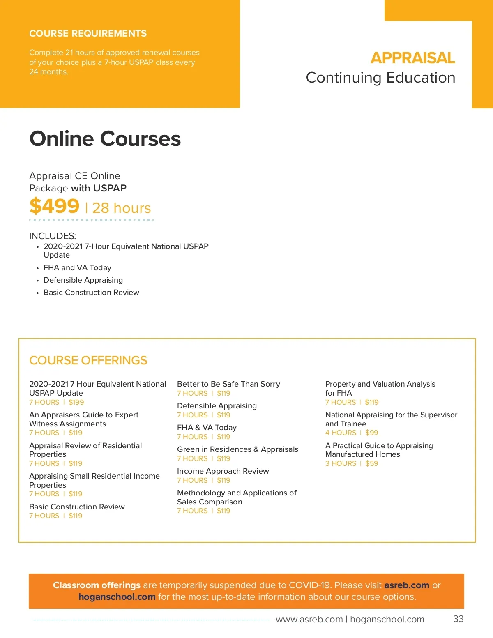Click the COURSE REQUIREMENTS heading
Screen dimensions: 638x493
pyautogui.click(x=88, y=34)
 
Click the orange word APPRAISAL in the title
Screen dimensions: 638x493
pyautogui.click(x=412, y=58)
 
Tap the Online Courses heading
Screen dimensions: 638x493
pyautogui.click(x=105, y=138)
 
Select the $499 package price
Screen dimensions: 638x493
pyautogui.click(x=54, y=206)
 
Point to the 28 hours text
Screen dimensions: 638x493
pyautogui.click(x=122, y=208)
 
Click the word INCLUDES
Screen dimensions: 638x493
pyautogui.click(x=53, y=236)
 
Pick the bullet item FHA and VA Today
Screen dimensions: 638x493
pyautogui.click(x=77, y=268)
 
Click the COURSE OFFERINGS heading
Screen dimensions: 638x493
pyautogui.click(x=88, y=360)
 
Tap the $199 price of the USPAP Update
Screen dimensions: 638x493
pyautogui.click(x=76, y=402)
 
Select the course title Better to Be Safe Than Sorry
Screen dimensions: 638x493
pyautogui.click(x=228, y=384)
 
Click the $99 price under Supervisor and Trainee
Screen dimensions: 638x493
pyautogui.click(x=371, y=433)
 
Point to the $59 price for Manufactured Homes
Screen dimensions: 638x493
pyautogui.click(x=371, y=463)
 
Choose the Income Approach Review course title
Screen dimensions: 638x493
pyautogui.click(x=223, y=471)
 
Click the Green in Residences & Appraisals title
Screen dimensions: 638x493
pyautogui.click(x=237, y=449)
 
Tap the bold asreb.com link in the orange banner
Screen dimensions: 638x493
pyautogui.click(x=406, y=585)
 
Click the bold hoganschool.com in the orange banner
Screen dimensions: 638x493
pyautogui.click(x=117, y=597)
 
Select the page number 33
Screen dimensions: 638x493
pyautogui.click(x=458, y=619)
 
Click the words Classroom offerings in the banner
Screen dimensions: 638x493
pyautogui.click(x=97, y=585)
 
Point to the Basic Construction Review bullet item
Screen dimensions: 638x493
pyautogui.click(x=91, y=293)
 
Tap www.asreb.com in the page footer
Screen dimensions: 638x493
pyautogui.click(x=309, y=620)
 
